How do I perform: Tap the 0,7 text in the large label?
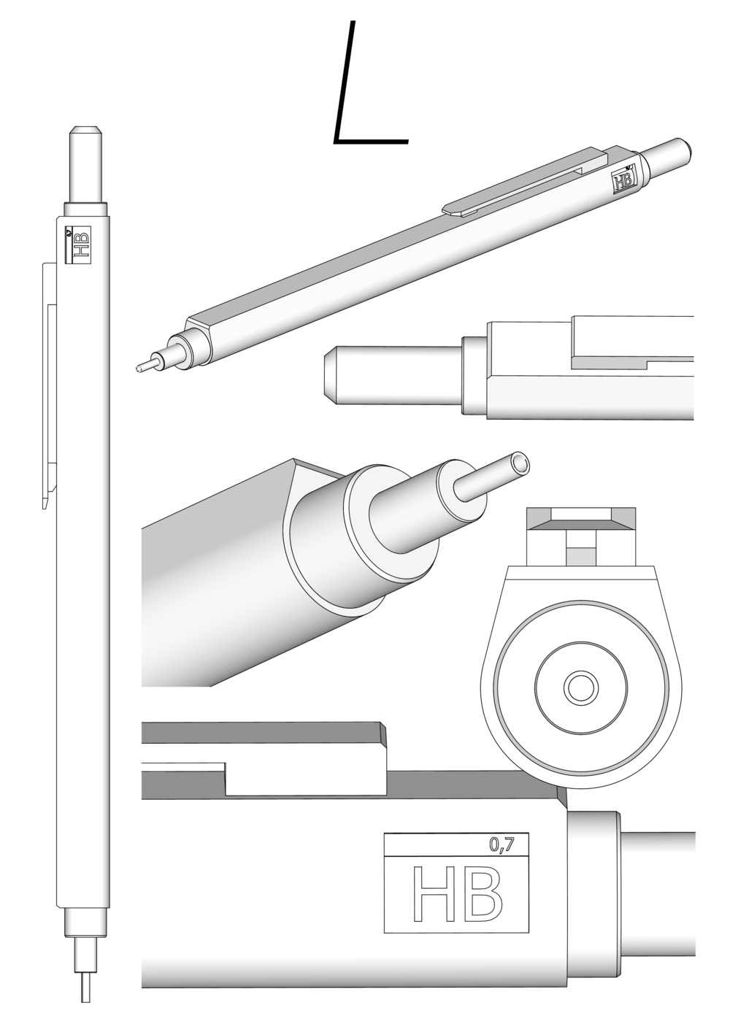coord(502,844)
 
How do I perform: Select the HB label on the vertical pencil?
coord(77,245)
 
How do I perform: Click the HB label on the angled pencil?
coord(624,180)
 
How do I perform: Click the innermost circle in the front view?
coord(581,688)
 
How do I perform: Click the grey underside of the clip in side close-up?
coord(632,363)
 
